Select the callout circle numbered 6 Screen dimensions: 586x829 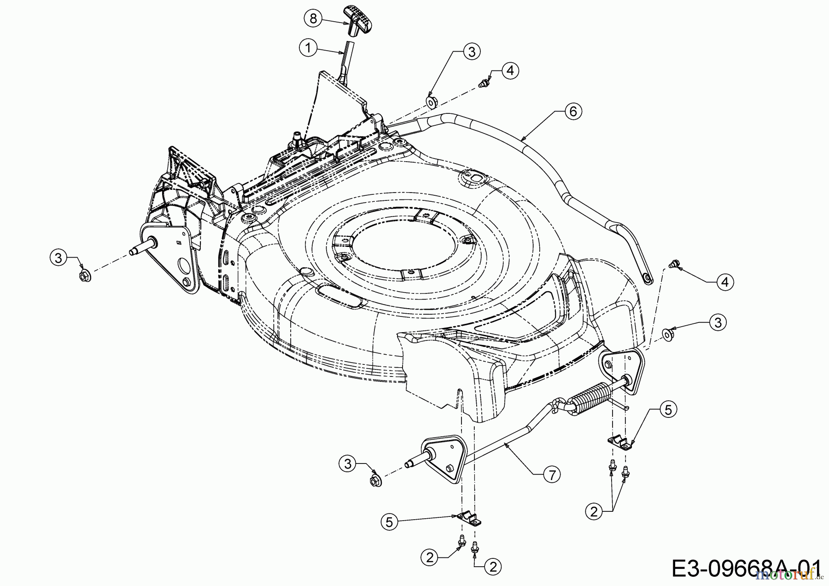pyautogui.click(x=572, y=111)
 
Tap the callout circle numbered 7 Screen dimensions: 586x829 pyautogui.click(x=551, y=474)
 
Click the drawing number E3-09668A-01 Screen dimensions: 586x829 pyautogui.click(x=746, y=568)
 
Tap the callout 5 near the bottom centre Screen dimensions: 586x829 pyautogui.click(x=390, y=522)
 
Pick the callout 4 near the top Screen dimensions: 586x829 pyautogui.click(x=510, y=70)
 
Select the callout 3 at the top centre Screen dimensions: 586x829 pyautogui.click(x=471, y=52)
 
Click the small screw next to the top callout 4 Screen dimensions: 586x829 pyautogui.click(x=484, y=84)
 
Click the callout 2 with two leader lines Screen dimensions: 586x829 pyautogui.click(x=595, y=511)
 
